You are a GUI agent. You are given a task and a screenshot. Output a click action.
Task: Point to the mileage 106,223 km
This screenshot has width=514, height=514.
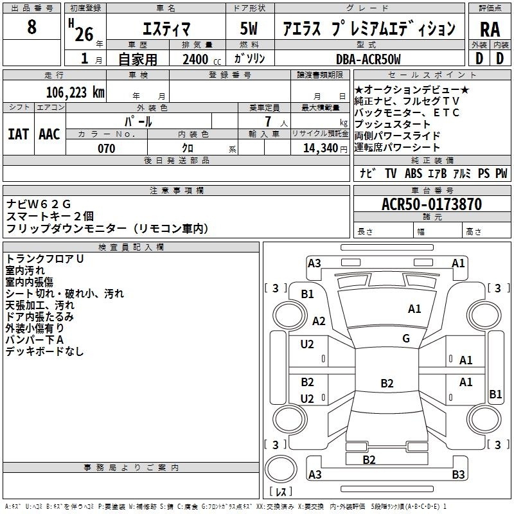75,92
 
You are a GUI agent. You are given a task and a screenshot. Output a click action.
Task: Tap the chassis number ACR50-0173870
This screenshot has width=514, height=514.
431,204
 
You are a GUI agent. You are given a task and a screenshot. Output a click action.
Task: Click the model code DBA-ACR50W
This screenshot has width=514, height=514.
368,59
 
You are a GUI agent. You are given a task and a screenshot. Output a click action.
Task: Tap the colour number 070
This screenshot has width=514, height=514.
106,148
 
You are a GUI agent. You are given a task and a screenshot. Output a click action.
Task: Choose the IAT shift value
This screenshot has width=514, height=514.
19,134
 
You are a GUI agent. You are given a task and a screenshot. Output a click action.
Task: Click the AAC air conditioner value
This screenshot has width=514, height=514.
49,134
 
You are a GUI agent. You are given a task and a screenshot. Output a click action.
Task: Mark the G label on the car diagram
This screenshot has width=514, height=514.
406,339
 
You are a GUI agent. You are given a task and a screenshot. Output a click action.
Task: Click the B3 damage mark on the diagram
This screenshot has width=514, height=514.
458,475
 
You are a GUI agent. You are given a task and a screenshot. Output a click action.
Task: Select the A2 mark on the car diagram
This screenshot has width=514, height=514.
319,321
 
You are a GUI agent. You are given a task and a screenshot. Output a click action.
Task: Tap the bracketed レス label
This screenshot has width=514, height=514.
281,493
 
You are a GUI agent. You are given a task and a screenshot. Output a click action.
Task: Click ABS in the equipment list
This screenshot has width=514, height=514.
413,173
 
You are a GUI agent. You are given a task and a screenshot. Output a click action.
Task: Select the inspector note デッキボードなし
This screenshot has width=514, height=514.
45,351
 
